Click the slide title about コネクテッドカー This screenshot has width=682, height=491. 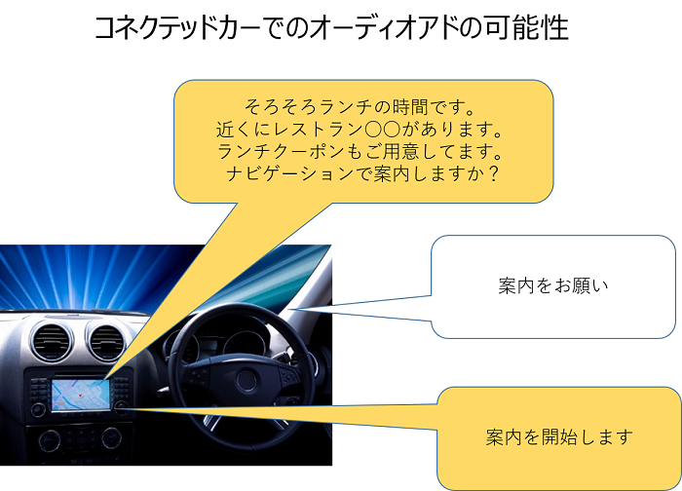tap(331, 28)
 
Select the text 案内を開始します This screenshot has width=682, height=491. tap(559, 436)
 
